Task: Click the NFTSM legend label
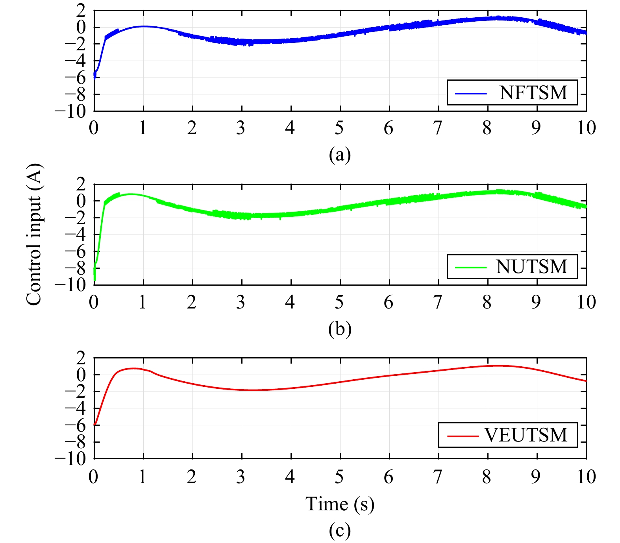(533, 93)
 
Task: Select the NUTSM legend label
(532, 267)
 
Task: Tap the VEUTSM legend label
(526, 435)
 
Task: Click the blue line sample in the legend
(471, 93)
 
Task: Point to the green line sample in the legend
(471, 267)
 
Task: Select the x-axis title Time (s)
(340, 504)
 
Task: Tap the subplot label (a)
(340, 155)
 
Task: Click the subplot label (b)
(340, 329)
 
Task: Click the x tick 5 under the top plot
(339, 128)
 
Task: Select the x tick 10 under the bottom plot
(586, 477)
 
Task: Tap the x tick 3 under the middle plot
(241, 302)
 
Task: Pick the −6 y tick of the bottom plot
(75, 425)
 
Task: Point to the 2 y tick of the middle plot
(81, 184)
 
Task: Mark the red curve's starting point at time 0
(95, 425)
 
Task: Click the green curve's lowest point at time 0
(95, 280)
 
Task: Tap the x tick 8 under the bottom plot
(487, 477)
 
